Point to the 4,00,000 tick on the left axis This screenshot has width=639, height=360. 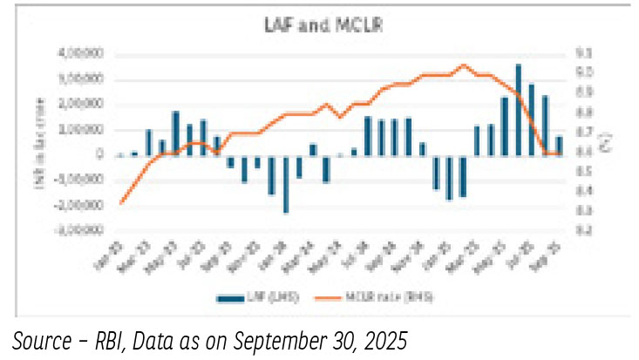tap(82, 53)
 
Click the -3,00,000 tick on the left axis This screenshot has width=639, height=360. tap(80, 231)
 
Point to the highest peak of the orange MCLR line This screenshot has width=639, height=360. tap(463, 65)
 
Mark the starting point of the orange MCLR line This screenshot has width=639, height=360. tap(121, 203)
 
